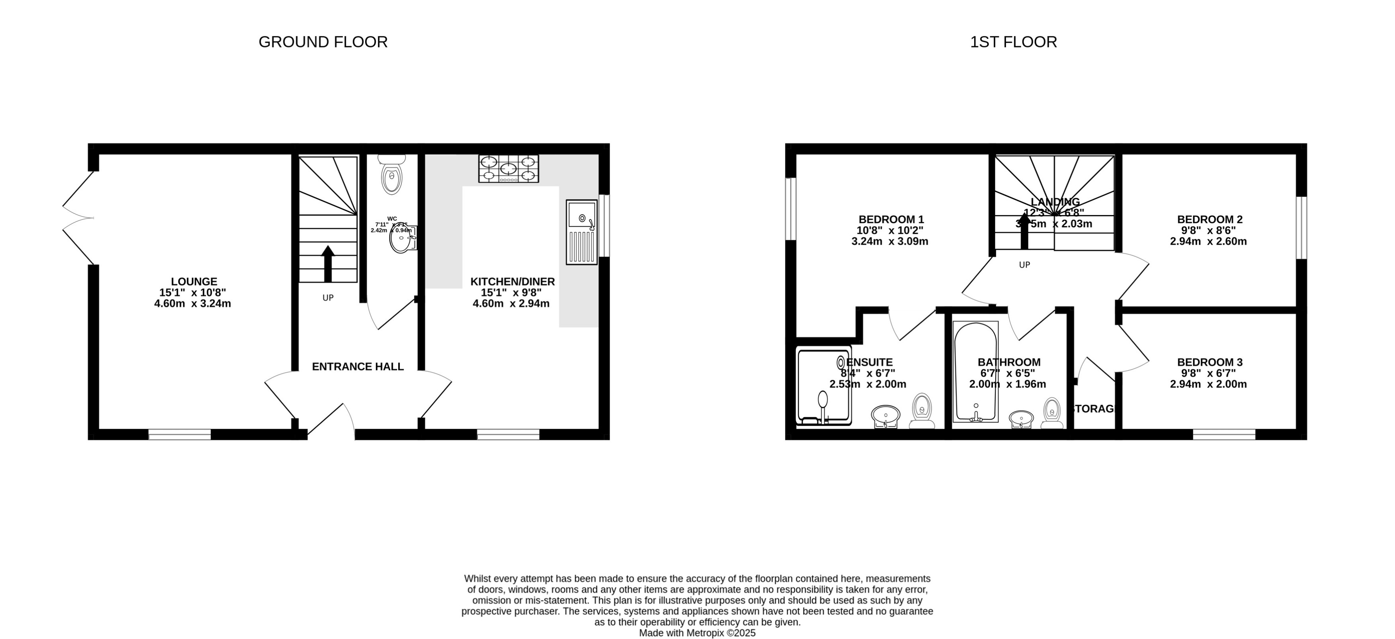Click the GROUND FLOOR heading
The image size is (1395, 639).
pos(323,42)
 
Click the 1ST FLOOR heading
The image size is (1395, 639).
pos(1013,42)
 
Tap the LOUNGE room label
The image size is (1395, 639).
pos(194,281)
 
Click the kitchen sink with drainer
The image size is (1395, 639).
pos(581,232)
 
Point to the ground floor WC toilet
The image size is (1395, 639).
pos(391,174)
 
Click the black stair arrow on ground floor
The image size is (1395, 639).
pos(328,264)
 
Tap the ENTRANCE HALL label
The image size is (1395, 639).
pos(358,367)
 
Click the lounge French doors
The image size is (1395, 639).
pos(77,218)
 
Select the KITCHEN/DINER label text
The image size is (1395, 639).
pos(512,282)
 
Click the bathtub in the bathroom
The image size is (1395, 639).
pos(975,372)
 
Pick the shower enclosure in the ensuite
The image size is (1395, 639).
pos(823,385)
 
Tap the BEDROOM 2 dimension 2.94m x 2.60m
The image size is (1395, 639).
pos(1208,241)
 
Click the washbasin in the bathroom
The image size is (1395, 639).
pos(1021,419)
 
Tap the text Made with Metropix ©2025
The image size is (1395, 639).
pos(697,633)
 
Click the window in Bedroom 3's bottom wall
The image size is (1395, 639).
pos(1224,434)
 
